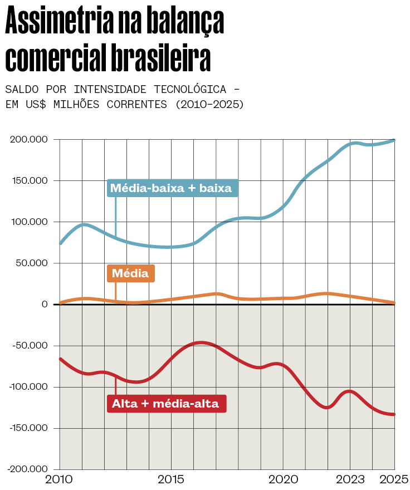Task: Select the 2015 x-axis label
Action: coord(171,480)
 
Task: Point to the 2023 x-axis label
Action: coord(350,480)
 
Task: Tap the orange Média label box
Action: coord(131,273)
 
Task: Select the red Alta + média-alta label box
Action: coord(166,404)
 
